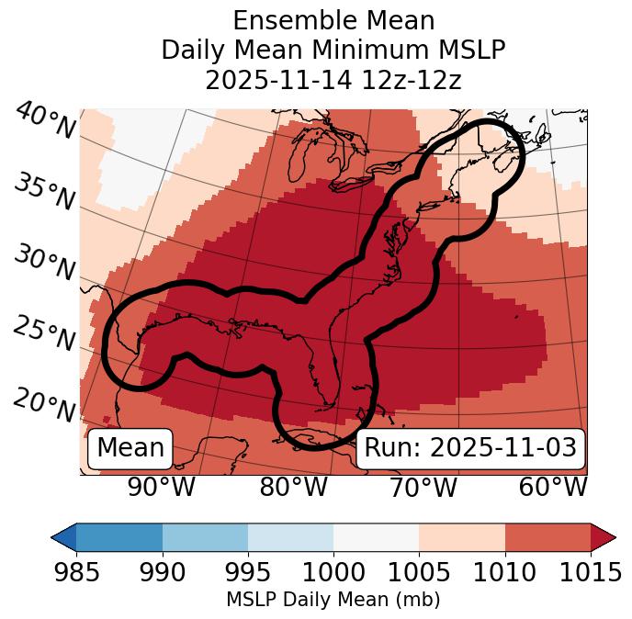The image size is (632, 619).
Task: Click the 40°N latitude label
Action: coord(44,122)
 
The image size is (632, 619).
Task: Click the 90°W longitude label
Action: coord(162,487)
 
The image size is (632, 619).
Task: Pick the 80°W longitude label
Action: coord(293,487)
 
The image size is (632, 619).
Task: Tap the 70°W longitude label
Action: coord(423,487)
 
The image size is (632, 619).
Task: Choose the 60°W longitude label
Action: coord(553,487)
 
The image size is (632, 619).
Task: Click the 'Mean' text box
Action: coord(130,448)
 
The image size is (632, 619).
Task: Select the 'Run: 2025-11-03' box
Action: coord(470,448)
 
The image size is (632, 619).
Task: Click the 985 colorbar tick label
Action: coord(76,573)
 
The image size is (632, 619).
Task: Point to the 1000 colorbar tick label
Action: coord(333,573)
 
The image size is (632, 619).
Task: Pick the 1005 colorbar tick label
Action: coord(419,573)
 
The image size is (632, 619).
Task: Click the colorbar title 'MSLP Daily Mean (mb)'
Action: coord(333,600)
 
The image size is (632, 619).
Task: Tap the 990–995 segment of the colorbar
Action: coord(205,536)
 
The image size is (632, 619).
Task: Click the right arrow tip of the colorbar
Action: coord(613,536)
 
